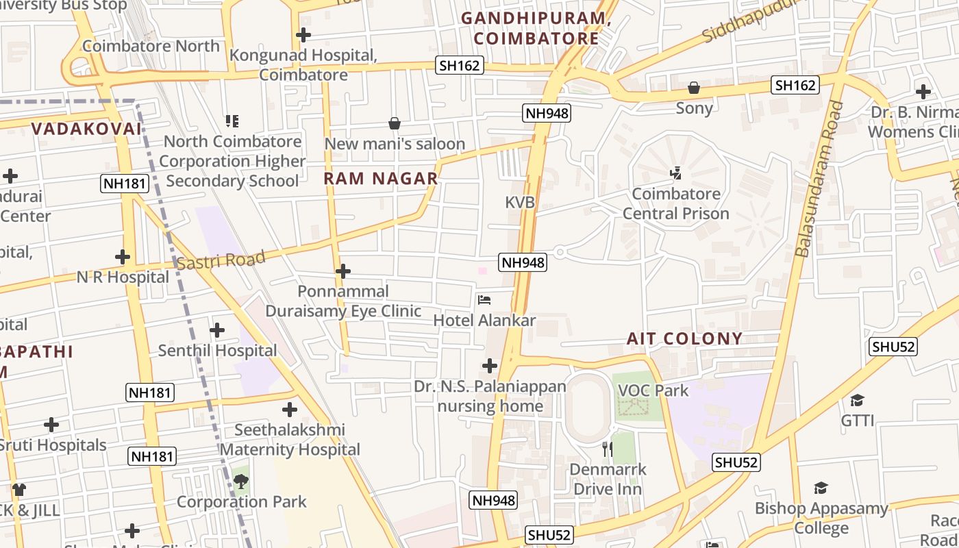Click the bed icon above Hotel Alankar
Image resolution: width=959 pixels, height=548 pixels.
[484, 300]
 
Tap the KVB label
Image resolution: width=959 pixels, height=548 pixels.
[519, 202]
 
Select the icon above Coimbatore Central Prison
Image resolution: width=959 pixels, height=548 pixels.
[675, 173]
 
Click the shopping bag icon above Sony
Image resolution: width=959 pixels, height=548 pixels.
[694, 88]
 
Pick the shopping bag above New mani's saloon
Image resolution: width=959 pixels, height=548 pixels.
[395, 123]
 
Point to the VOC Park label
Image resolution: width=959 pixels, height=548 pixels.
[653, 390]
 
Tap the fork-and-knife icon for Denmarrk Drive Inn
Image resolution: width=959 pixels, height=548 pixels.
[607, 449]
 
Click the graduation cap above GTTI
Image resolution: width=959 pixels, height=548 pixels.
[857, 400]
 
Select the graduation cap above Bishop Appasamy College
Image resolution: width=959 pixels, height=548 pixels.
[821, 488]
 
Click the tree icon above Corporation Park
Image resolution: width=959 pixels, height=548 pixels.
[241, 482]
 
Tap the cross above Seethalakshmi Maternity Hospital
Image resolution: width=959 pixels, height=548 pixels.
[290, 410]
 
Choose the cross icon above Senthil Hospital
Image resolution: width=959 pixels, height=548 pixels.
[217, 330]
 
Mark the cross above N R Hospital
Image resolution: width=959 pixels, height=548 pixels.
[123, 257]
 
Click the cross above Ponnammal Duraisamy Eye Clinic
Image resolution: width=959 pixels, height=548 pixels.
[343, 271]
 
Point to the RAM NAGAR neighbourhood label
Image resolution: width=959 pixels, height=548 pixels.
[380, 179]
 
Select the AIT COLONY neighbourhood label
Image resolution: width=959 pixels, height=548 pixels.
[684, 338]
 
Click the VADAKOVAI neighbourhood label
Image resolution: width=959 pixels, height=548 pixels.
[86, 129]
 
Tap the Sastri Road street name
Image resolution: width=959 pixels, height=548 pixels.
[221, 260]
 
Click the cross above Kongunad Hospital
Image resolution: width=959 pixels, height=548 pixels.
[303, 35]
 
